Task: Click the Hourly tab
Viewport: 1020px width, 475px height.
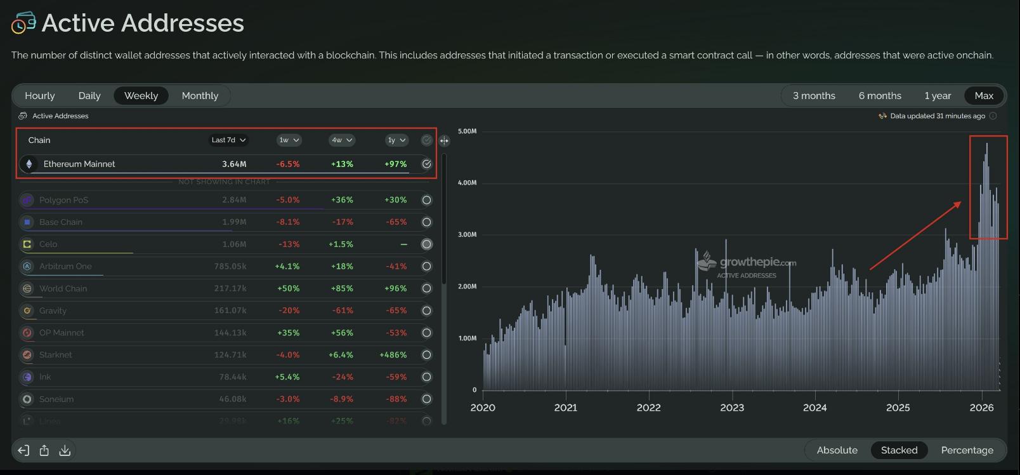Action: [39, 96]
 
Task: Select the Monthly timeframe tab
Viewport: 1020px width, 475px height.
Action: [200, 96]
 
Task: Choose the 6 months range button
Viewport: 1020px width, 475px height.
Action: [879, 96]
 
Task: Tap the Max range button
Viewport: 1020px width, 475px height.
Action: [983, 96]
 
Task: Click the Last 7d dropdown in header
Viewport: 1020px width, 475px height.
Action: [228, 140]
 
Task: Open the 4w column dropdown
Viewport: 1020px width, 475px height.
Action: [341, 140]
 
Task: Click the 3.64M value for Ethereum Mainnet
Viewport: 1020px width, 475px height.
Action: [234, 164]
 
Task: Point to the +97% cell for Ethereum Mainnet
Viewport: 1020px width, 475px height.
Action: [395, 164]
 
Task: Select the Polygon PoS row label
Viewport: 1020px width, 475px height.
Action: [63, 200]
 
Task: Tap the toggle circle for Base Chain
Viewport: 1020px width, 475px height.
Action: [426, 222]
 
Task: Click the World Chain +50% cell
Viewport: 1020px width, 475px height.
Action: [288, 288]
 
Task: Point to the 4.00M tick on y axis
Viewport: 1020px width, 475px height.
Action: [467, 183]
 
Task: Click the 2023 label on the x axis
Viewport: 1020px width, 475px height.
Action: [731, 408]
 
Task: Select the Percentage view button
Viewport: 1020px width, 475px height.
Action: [967, 450]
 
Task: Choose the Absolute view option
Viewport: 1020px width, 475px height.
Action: [837, 450]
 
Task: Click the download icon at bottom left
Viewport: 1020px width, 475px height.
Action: [65, 451]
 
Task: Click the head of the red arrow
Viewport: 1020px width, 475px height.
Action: [959, 203]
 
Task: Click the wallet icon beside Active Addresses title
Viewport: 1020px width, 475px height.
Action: [23, 23]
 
